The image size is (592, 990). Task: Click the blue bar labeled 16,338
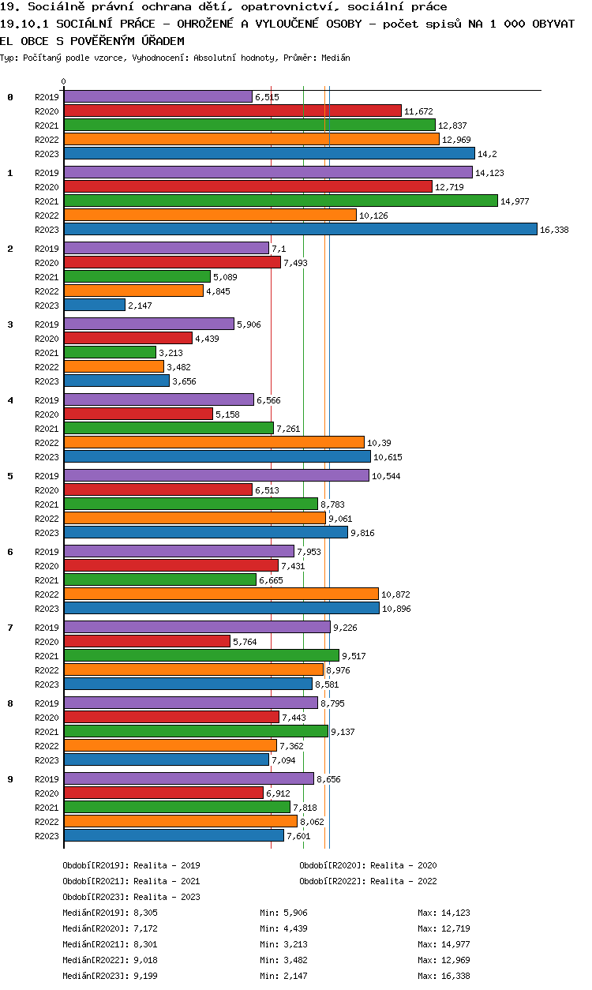pyautogui.click(x=300, y=229)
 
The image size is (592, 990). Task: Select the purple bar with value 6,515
pyautogui.click(x=158, y=96)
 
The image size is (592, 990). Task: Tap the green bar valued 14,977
pyautogui.click(x=280, y=201)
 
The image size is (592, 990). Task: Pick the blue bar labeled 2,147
pyautogui.click(x=95, y=305)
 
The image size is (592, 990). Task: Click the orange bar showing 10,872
pyautogui.click(x=221, y=594)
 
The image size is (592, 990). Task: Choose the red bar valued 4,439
pyautogui.click(x=128, y=338)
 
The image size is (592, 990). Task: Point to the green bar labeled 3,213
pyautogui.click(x=110, y=352)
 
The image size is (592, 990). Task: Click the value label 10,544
pyautogui.click(x=386, y=476)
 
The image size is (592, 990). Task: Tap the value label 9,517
pyautogui.click(x=355, y=656)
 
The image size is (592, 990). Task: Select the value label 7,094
pyautogui.click(x=286, y=760)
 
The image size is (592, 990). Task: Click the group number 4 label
pyautogui.click(x=10, y=400)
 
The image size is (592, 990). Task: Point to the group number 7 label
pyautogui.click(x=10, y=628)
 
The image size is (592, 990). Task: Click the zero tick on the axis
pyautogui.click(x=64, y=81)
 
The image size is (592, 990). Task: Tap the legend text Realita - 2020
pyautogui.click(x=403, y=865)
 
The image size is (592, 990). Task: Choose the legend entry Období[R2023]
pyautogui.click(x=96, y=897)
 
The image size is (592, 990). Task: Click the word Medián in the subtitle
pyautogui.click(x=336, y=58)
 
